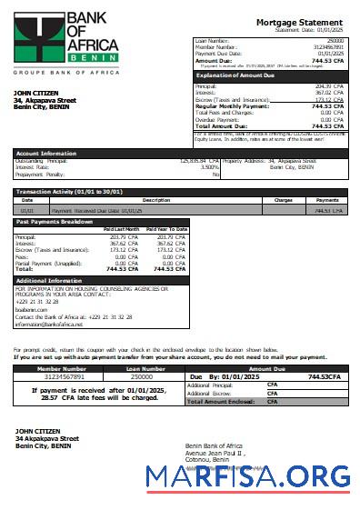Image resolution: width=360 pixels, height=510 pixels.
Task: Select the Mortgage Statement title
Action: pos(299,22)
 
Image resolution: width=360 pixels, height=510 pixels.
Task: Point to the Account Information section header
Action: pos(46,154)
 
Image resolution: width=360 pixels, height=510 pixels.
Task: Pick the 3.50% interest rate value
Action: pos(209,167)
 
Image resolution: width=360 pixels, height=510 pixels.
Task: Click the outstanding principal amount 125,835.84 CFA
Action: pos(200,161)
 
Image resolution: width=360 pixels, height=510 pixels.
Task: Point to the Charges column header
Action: pos(283,200)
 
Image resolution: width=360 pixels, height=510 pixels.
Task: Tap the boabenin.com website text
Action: pos(32,309)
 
